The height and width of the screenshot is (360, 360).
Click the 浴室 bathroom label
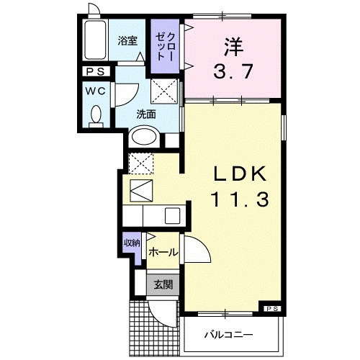(x=127, y=41)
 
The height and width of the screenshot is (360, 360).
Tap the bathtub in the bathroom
(x=95, y=40)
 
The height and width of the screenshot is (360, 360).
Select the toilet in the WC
(x=96, y=117)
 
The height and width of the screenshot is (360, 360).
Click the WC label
(x=96, y=91)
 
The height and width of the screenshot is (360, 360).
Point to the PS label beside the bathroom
(x=96, y=71)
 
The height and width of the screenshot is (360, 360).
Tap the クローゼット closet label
(x=166, y=46)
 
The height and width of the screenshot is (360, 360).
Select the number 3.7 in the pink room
(x=233, y=71)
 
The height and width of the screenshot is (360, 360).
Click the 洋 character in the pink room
(x=233, y=47)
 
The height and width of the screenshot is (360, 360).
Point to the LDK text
(x=240, y=174)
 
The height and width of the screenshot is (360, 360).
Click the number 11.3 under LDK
(x=240, y=200)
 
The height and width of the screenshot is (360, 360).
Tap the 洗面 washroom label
(x=146, y=114)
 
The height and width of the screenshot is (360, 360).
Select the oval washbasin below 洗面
(x=144, y=137)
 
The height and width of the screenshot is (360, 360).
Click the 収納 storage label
(x=132, y=243)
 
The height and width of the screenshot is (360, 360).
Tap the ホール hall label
(x=163, y=252)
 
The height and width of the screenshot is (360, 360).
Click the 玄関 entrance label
(x=163, y=285)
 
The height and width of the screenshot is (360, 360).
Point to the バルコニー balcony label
(x=228, y=335)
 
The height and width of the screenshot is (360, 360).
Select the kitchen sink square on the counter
(x=172, y=215)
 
